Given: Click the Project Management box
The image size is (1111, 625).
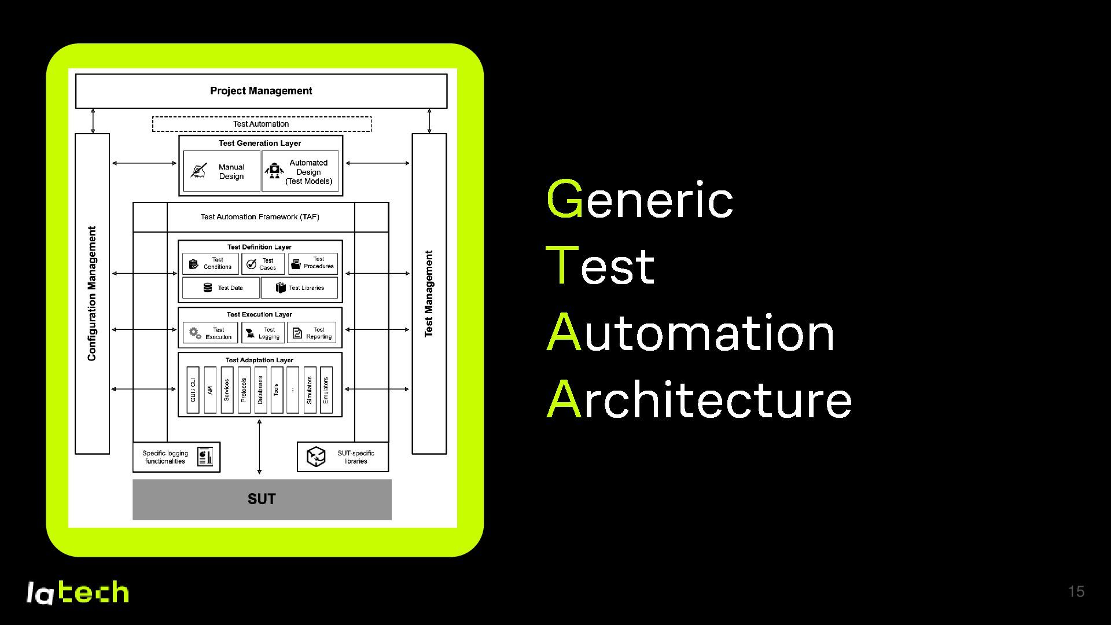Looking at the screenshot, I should point(261,91).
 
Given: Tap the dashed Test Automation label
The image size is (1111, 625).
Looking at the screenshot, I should point(262,124).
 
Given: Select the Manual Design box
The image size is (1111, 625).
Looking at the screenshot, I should point(222,171).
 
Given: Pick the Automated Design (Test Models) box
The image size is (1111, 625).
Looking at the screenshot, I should point(300,171).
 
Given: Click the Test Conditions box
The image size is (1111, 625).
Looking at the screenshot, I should point(210,263).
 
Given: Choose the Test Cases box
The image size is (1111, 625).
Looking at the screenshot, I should point(263,264).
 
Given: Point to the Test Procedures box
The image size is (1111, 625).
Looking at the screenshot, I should point(313,263).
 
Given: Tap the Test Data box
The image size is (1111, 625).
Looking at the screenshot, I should point(221,288).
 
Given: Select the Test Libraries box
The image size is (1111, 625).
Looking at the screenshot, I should point(299,288).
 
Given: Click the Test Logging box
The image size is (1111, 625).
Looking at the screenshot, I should point(263,333).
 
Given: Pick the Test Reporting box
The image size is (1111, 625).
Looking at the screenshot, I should point(311,333).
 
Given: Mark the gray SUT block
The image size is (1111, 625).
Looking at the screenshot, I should point(262,499).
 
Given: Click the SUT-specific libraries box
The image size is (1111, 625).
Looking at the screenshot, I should point(343,457).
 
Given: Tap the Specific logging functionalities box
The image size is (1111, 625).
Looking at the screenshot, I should point(176,457).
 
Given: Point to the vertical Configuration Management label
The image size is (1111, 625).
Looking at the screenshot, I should point(92,293).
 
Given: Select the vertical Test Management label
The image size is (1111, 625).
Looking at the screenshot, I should point(429,293).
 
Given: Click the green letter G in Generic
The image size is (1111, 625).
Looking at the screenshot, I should point(564,199).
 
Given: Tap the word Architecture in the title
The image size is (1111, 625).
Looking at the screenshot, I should point(699,399).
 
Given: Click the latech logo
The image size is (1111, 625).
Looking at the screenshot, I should point(77,592).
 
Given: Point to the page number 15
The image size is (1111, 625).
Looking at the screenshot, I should point(1076,591).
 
